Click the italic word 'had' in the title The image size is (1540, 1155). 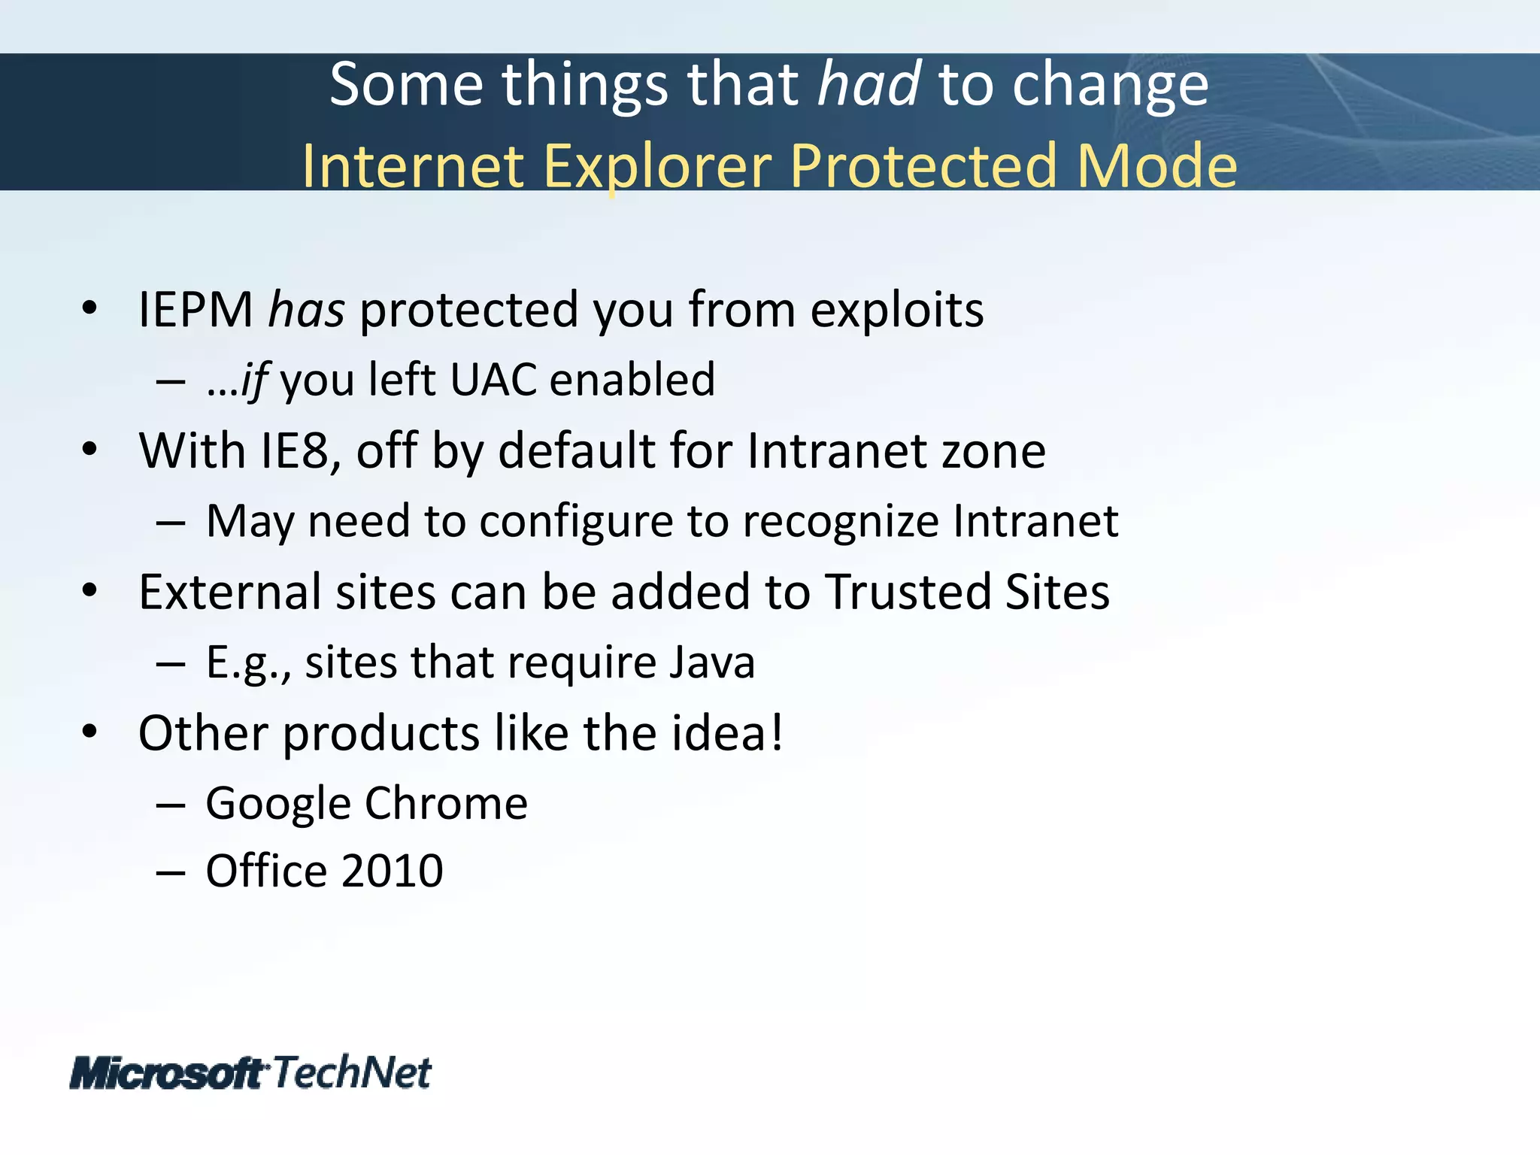coord(869,84)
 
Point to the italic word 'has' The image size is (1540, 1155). coord(307,311)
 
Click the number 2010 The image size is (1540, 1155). coord(392,872)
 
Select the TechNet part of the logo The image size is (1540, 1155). coord(352,1072)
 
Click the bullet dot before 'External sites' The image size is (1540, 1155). coord(89,590)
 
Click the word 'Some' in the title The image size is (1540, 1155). coord(406,84)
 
